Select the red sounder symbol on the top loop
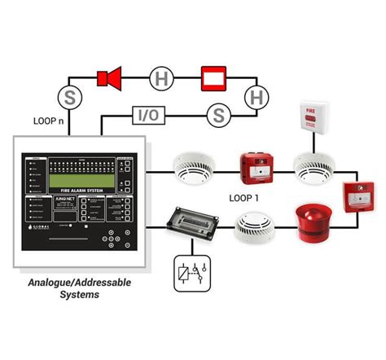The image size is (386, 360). point(108,78)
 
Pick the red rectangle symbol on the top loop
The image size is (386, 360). point(215,78)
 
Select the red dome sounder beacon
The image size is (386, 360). point(311,223)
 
